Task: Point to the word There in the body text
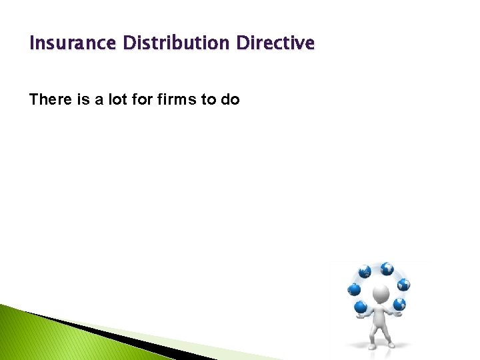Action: click(49, 100)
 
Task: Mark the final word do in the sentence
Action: click(231, 100)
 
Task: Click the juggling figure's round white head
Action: click(381, 294)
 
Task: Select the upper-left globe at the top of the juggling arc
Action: click(365, 272)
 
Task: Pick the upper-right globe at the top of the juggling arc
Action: click(387, 269)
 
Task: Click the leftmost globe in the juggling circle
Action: click(354, 289)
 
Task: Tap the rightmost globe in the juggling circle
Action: click(403, 285)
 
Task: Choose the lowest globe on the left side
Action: click(361, 307)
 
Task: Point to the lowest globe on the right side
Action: click(399, 305)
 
